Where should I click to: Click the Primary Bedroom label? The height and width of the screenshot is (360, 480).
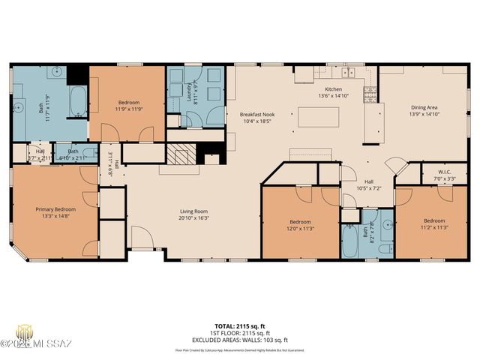[x=55, y=209]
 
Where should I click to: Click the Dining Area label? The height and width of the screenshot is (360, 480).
[x=424, y=107]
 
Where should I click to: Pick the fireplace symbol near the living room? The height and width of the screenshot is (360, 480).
[x=180, y=155]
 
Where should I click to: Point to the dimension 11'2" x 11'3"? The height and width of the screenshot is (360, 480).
[x=433, y=227]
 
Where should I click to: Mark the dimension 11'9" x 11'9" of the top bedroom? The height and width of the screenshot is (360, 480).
[x=128, y=109]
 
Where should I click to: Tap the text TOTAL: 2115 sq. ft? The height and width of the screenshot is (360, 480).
[x=239, y=326]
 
